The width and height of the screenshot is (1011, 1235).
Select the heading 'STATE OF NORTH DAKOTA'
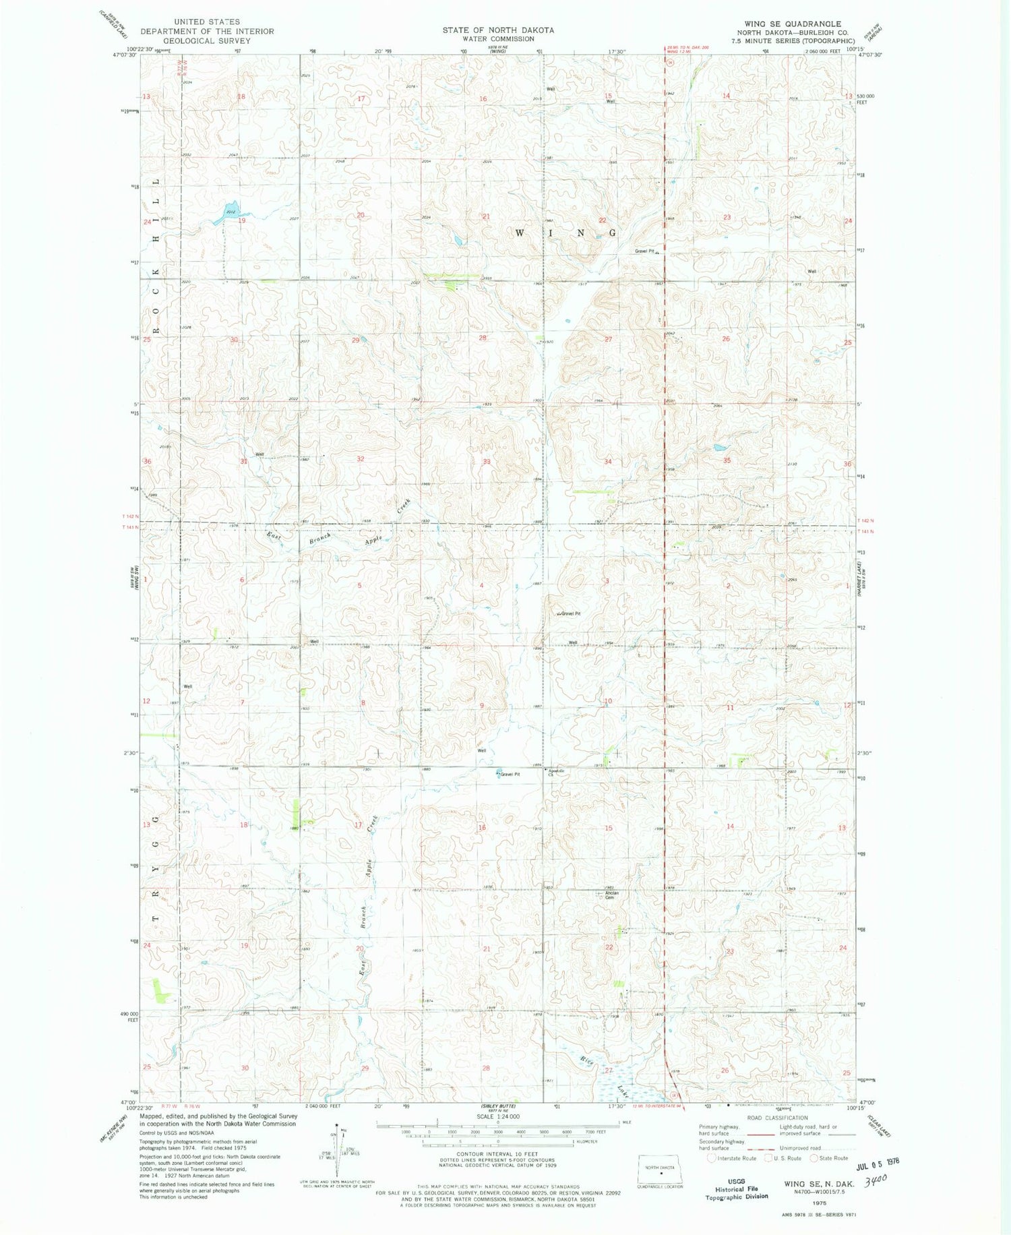coord(498,30)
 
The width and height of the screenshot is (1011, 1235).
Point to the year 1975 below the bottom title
coord(819,1201)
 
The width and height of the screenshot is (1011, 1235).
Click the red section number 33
coord(486,462)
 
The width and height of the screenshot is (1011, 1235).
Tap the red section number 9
coord(481,706)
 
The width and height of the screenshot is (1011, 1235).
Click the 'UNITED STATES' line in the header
coord(207,22)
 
